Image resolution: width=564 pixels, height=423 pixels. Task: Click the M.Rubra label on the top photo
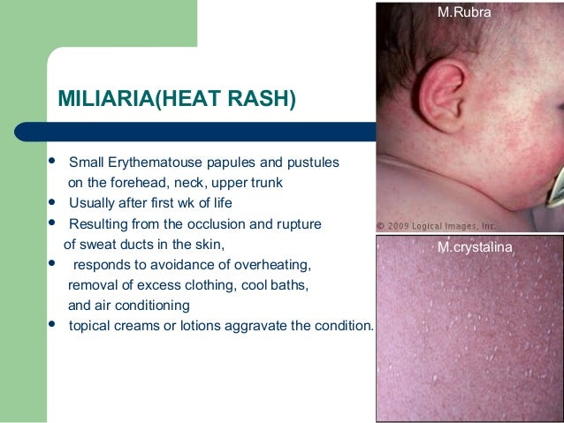click(x=464, y=12)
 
